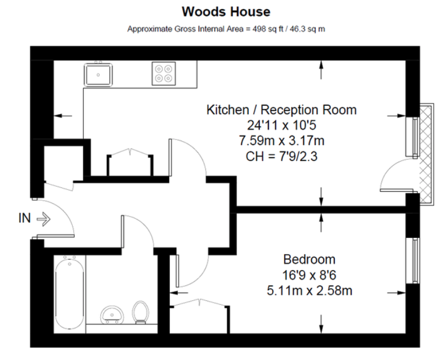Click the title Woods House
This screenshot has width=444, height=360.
click(226, 11)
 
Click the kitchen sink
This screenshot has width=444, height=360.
click(99, 74)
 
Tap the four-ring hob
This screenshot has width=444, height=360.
click(164, 74)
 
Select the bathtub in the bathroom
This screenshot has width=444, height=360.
click(69, 294)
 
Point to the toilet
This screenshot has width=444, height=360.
click(140, 312)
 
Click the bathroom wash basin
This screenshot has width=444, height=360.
click(111, 313)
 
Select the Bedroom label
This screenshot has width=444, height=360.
click(309, 259)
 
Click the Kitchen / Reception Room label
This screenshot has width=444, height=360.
click(281, 110)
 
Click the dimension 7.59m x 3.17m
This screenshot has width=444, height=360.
click(281, 141)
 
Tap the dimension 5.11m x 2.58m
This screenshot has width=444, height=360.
click(309, 291)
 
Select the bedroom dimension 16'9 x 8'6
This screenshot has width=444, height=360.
click(309, 275)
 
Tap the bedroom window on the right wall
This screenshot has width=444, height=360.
click(416, 261)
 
